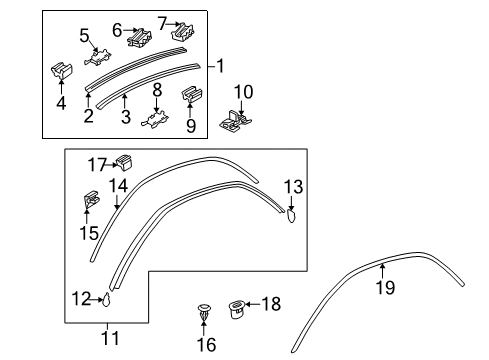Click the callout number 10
click(x=244, y=92)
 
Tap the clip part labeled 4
click(x=62, y=71)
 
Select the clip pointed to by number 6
click(x=139, y=37)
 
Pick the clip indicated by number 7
click(x=183, y=32)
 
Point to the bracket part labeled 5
click(x=98, y=57)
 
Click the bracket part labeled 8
click(x=155, y=119)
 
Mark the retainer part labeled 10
click(x=235, y=121)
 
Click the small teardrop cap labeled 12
click(x=107, y=299)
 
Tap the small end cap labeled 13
click(x=291, y=215)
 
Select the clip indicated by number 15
click(x=90, y=199)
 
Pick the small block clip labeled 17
click(x=125, y=162)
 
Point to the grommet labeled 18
click(x=236, y=309)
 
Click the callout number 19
click(x=385, y=287)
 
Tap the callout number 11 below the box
click(x=110, y=338)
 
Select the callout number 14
click(x=118, y=186)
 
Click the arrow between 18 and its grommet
click(x=252, y=304)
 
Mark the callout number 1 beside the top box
click(x=221, y=66)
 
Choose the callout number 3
click(x=125, y=116)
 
